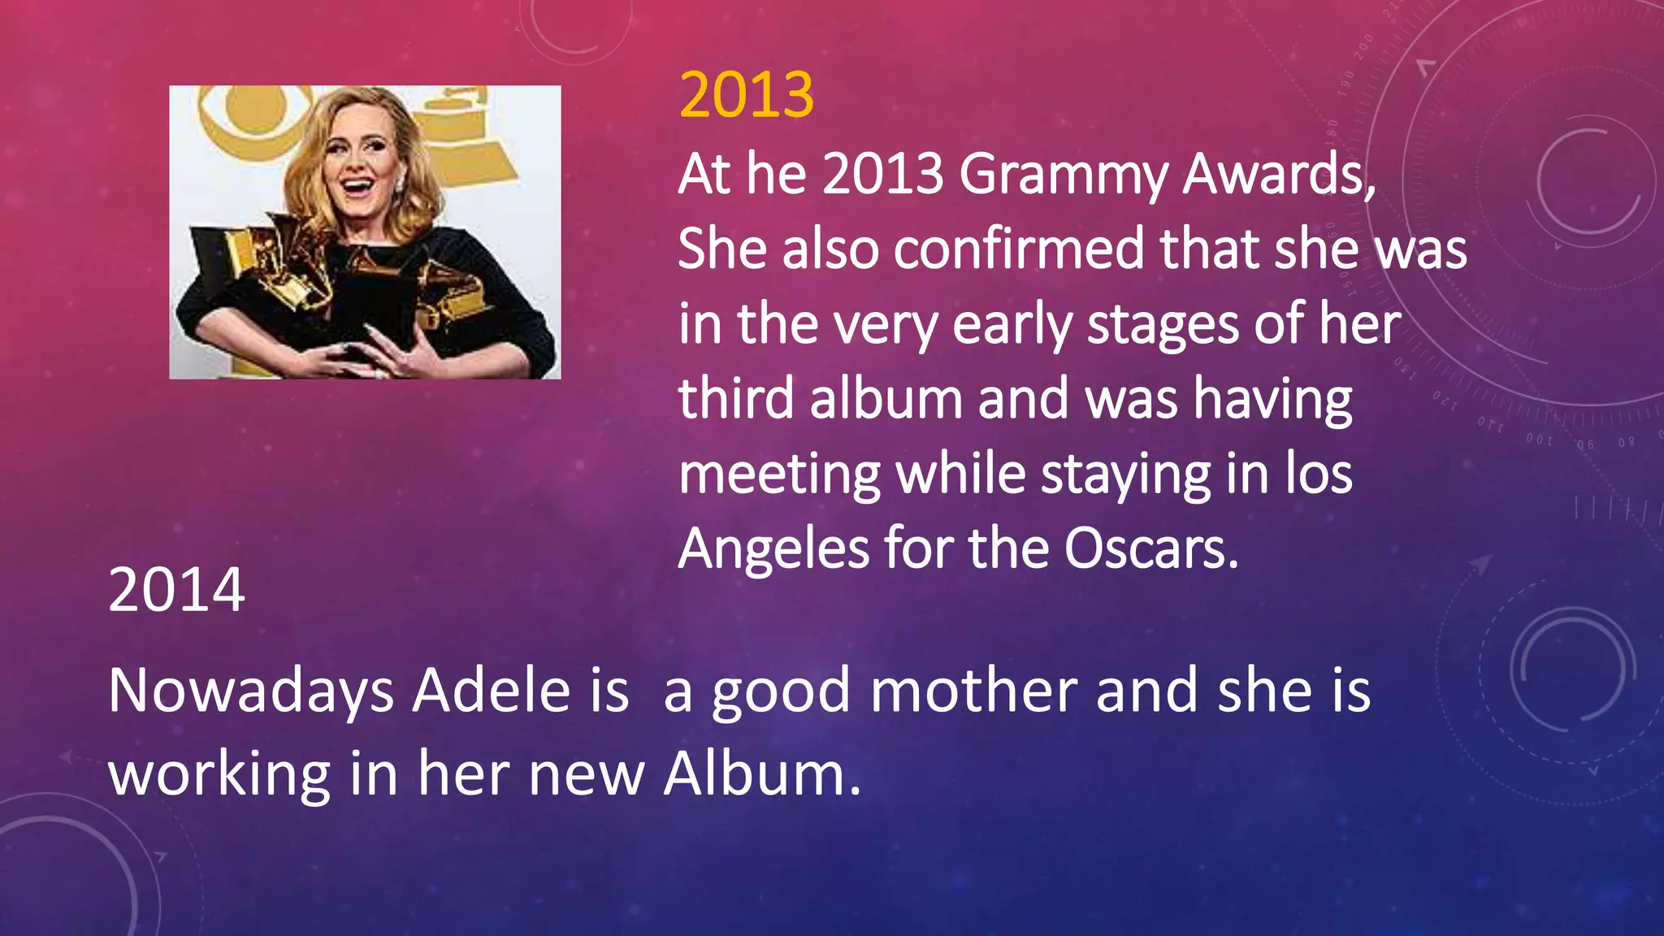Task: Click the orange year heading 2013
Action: point(746,96)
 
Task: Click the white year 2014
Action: point(176,590)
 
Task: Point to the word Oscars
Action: point(1150,549)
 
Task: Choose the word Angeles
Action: point(773,551)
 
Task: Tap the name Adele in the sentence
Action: point(492,692)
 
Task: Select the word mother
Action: point(973,692)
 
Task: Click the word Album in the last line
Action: point(760,774)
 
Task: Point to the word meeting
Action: point(779,475)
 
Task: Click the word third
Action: point(736,400)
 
